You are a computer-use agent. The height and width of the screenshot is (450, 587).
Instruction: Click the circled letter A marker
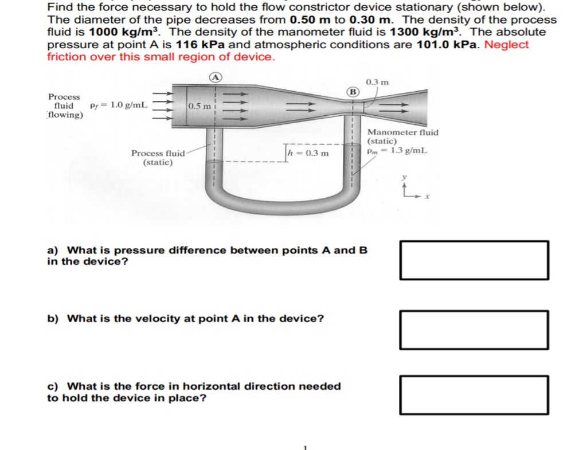click(215, 77)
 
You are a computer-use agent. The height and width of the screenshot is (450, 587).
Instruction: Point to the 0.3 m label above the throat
click(377, 82)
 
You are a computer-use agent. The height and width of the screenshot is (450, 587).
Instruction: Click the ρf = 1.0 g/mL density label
click(119, 105)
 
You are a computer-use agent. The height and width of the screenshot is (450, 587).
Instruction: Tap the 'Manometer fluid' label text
click(402, 132)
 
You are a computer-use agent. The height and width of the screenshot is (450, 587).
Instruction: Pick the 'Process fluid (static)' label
click(158, 158)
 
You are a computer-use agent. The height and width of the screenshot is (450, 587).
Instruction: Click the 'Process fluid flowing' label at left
click(64, 106)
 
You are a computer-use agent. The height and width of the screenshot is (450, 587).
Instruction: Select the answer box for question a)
click(474, 260)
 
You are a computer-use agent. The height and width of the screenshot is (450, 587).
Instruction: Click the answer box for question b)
click(474, 330)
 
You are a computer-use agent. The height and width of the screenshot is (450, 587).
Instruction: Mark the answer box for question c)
click(474, 395)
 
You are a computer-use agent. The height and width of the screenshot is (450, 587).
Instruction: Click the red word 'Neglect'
click(507, 45)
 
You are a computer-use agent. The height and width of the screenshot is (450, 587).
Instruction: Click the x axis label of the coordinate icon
click(427, 197)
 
